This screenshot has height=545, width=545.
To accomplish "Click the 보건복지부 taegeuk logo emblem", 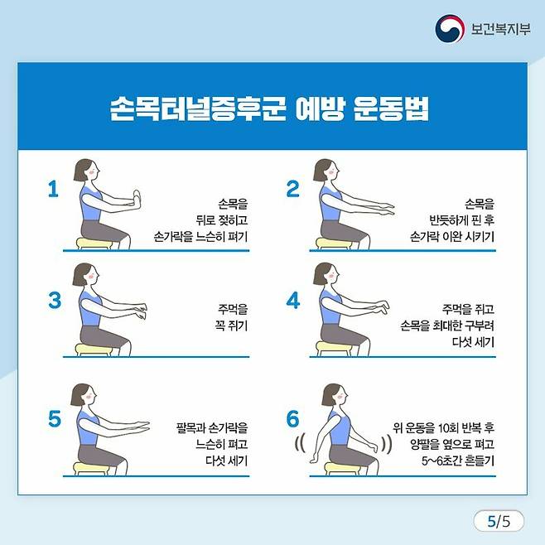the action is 450,28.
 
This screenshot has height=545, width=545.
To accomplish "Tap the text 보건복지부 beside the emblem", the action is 500,29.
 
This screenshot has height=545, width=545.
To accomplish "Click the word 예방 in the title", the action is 320,109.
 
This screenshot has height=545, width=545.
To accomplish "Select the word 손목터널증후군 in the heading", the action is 198,109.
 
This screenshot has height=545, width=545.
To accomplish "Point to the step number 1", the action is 53,189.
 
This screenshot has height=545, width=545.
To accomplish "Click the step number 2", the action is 292,189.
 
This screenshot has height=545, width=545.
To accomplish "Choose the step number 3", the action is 55,301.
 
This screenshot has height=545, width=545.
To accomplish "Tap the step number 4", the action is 293,301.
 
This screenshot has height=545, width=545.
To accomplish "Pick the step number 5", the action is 55,418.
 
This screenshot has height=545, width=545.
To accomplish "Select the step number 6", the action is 292,418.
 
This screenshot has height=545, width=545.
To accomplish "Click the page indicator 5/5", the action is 499,521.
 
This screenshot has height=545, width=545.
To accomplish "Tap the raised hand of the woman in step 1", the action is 137,200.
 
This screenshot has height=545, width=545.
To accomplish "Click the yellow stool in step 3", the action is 93,349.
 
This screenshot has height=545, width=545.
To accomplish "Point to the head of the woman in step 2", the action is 326,171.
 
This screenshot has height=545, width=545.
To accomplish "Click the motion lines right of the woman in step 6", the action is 387,444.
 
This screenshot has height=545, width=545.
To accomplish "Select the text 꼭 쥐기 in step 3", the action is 231,326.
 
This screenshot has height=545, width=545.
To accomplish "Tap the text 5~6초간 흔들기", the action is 458,461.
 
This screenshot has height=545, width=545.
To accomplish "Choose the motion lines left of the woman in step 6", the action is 300,444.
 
